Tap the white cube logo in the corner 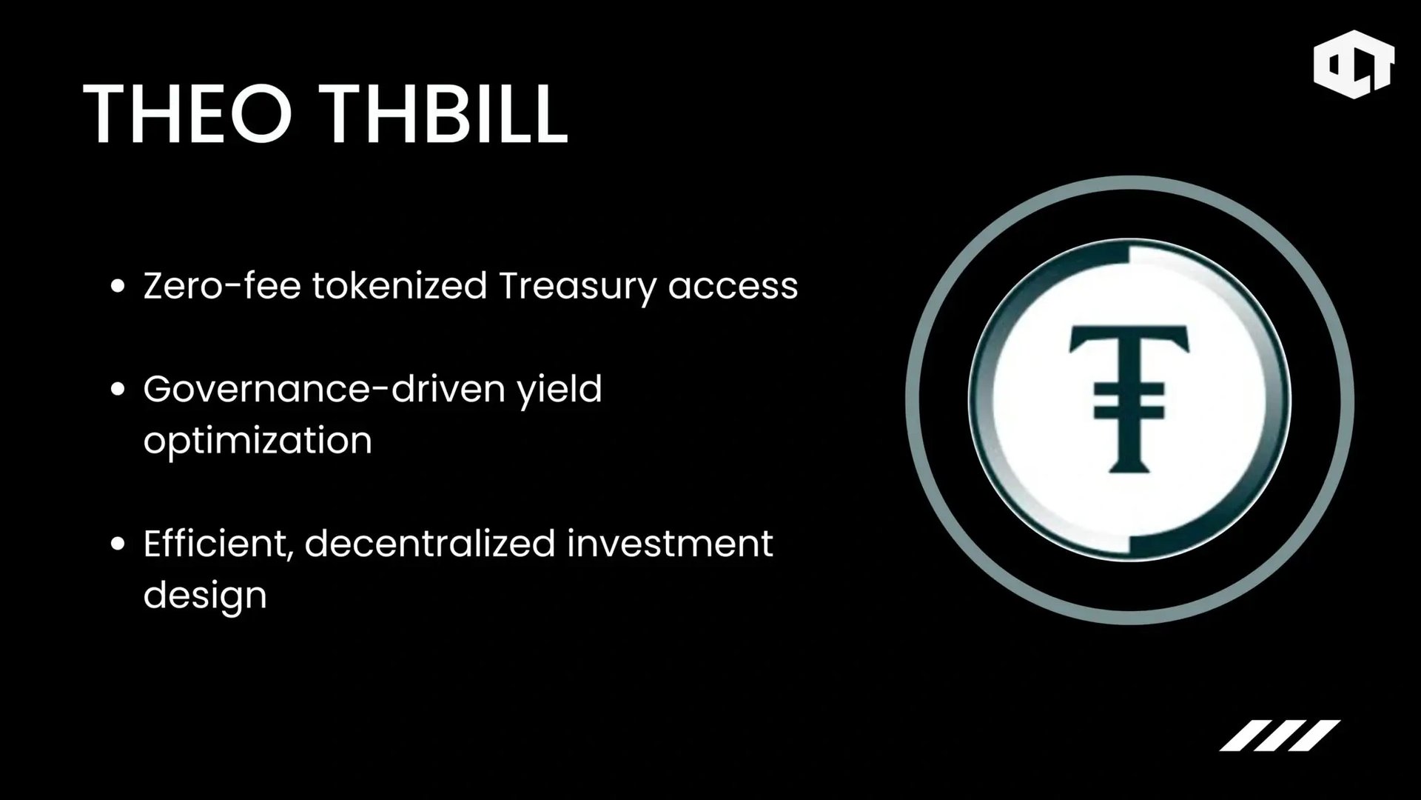tap(1353, 64)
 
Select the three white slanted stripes tap(1280, 735)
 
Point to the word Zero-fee tap(222, 286)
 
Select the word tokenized tap(400, 286)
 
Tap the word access tap(733, 287)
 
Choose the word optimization tap(258, 441)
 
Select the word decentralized tap(430, 544)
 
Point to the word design tap(205, 596)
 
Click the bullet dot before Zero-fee tap(118, 287)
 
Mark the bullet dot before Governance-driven tap(118, 390)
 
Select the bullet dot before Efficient tap(118, 544)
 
